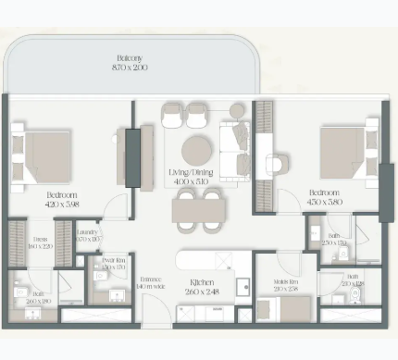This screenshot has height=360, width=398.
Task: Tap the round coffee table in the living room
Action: tap(197, 150)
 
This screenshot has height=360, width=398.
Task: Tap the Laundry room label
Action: tap(88, 235)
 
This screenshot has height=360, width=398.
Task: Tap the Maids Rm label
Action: tap(288, 281)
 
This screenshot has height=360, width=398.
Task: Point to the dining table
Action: tap(198, 210)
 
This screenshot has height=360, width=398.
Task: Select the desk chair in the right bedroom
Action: tap(276, 165)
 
